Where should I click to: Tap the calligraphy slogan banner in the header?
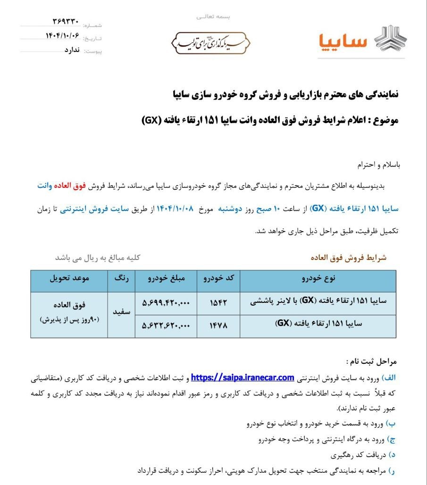click(x=210, y=43)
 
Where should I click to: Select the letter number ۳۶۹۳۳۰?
click(x=66, y=22)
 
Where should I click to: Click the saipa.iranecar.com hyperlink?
click(x=243, y=377)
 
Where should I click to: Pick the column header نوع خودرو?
click(x=318, y=279)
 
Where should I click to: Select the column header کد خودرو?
click(x=218, y=279)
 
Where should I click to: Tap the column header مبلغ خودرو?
click(x=166, y=279)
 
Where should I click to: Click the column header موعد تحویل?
click(x=69, y=279)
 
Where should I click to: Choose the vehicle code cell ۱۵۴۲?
click(x=218, y=303)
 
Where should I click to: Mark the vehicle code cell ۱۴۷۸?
click(x=218, y=326)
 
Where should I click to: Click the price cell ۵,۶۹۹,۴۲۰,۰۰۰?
click(x=166, y=303)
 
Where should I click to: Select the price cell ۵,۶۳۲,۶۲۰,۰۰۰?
click(x=166, y=326)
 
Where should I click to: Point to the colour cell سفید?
click(x=121, y=312)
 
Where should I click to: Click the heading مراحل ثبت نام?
click(x=372, y=362)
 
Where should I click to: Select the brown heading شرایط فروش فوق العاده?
click(x=348, y=258)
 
